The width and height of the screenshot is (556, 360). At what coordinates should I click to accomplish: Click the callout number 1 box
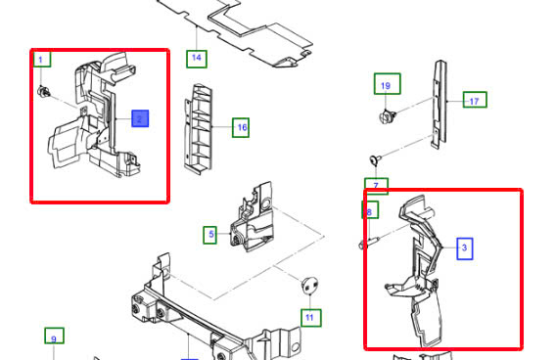[41, 60]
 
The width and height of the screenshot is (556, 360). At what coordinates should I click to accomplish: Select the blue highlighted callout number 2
[139, 118]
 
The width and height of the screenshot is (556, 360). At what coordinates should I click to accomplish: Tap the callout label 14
[196, 58]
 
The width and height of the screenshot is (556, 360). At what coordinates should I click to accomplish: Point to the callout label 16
[241, 127]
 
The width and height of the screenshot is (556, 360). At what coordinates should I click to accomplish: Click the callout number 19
[385, 86]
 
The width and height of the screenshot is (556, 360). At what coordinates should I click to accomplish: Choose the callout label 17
[474, 100]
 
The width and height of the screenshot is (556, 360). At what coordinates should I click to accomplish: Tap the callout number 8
[369, 210]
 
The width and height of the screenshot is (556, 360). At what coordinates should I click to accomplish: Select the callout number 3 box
[464, 248]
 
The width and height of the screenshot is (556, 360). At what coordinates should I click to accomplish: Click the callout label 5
[209, 235]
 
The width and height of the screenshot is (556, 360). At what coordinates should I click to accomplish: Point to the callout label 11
[309, 317]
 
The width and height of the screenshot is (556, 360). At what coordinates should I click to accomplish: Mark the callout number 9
[54, 337]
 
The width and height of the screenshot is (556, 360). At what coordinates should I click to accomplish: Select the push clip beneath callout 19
[385, 118]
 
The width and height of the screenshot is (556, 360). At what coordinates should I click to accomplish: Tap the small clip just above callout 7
[374, 159]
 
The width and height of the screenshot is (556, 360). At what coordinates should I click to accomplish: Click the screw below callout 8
[365, 242]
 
